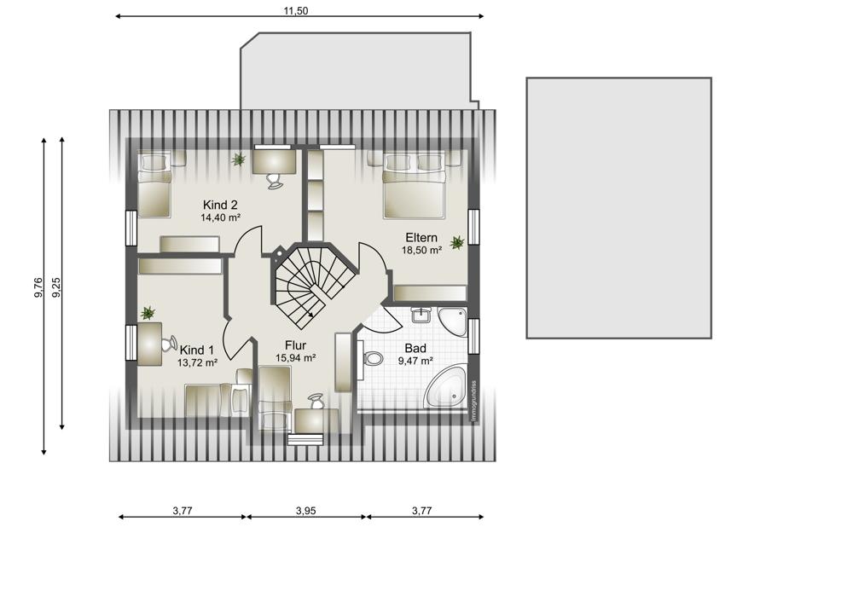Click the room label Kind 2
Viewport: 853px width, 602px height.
point(220,205)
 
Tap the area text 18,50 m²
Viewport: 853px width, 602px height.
point(421,250)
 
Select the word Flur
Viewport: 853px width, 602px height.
point(295,345)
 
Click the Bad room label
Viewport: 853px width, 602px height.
point(415,348)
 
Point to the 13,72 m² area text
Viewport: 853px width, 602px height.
point(198,362)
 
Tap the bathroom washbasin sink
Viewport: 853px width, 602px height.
point(421,315)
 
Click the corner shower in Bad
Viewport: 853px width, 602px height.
point(453,322)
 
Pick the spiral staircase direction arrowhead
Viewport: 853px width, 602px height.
point(310,315)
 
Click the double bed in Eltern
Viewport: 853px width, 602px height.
point(415,186)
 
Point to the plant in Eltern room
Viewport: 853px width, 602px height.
point(457,242)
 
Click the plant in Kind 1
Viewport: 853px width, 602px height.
point(148,313)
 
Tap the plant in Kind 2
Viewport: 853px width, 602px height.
point(238,159)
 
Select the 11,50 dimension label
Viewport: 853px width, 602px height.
point(296,11)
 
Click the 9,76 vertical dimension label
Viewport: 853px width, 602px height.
point(38,287)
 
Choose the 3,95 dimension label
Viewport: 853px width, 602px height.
point(305,511)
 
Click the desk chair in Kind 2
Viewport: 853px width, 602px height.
point(275,181)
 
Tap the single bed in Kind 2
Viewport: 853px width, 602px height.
point(154,185)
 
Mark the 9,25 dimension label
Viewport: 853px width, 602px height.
point(56,287)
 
